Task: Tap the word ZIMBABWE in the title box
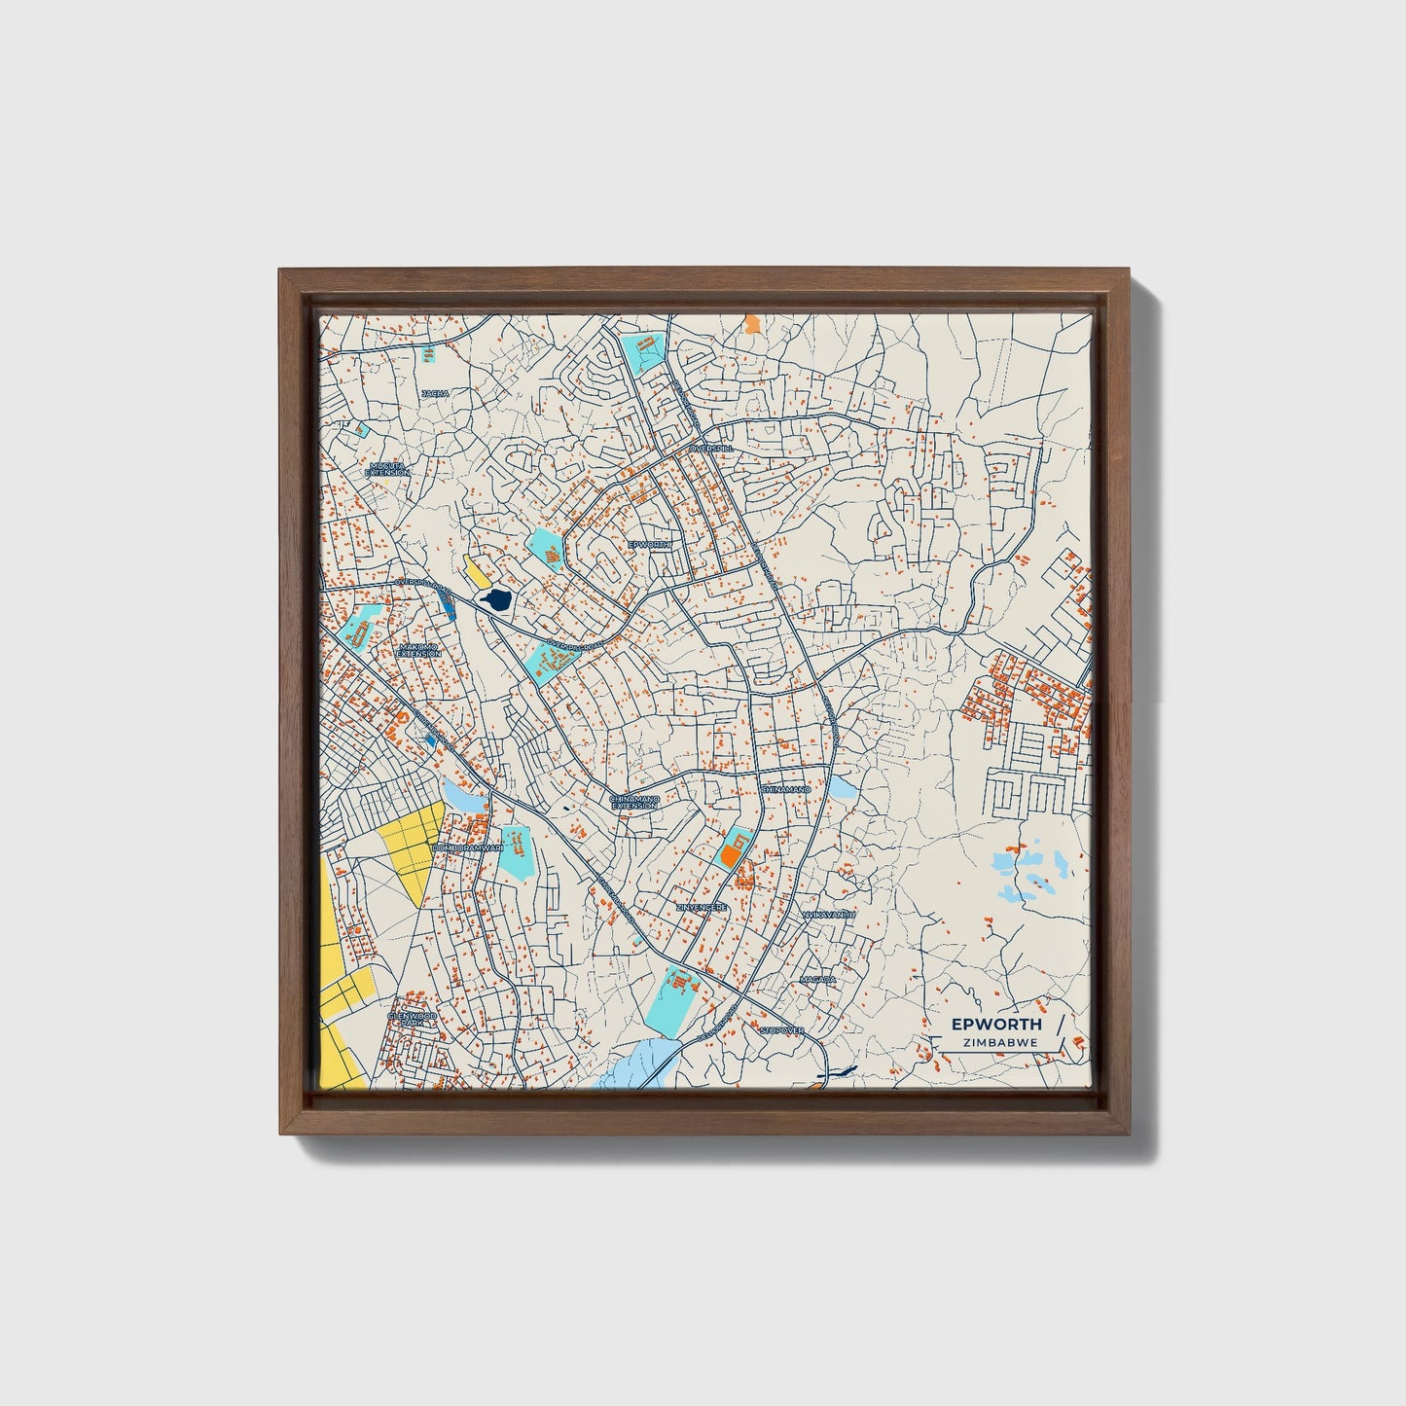(x=999, y=1042)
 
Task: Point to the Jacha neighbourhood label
(x=435, y=393)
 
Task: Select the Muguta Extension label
(x=387, y=469)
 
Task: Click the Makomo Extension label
(x=419, y=650)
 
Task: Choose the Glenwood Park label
(x=413, y=1020)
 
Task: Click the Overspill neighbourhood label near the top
(x=708, y=449)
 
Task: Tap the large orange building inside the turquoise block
(x=730, y=856)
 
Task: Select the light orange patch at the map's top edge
(x=751, y=323)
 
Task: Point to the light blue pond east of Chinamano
(x=841, y=786)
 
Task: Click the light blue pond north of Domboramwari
(x=461, y=796)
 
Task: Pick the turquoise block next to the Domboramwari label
(x=516, y=851)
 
